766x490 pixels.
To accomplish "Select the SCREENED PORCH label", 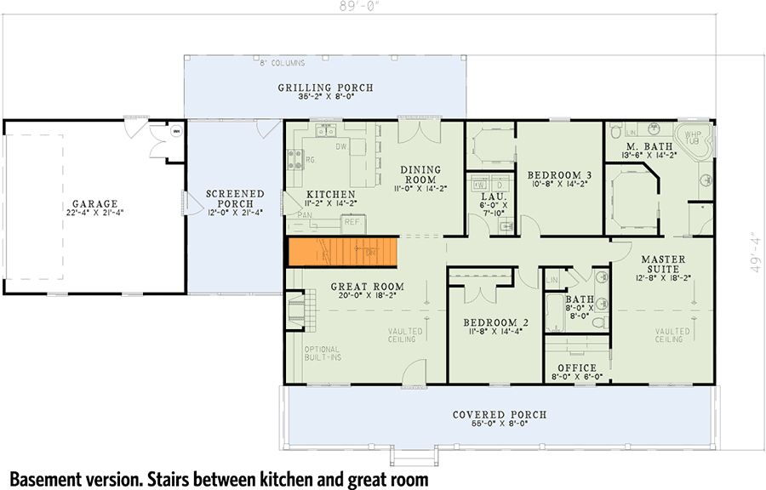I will (235, 200).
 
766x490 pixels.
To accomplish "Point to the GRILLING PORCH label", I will (325, 88).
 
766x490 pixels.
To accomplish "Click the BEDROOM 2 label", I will (496, 322).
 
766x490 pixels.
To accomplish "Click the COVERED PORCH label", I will (499, 414).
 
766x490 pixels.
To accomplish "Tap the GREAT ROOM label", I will (367, 287).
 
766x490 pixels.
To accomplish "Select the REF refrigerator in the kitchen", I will (352, 221).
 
